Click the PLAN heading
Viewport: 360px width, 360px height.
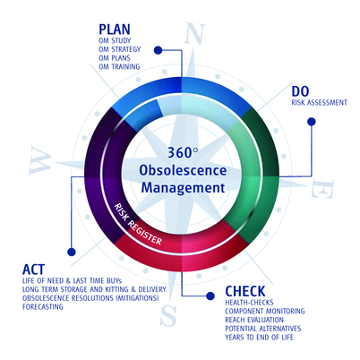pos(115,30)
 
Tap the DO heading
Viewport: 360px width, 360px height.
pos(300,91)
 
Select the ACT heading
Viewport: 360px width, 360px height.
pos(33,270)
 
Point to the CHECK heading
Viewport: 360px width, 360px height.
pos(245,291)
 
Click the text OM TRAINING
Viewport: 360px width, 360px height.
pos(119,66)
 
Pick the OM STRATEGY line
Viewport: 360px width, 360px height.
pos(119,49)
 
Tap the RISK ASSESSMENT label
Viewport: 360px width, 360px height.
pos(319,103)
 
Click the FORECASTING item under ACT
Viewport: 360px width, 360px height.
pos(43,306)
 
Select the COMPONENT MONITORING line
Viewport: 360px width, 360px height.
pos(265,311)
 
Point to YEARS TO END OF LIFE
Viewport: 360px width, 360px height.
pos(260,338)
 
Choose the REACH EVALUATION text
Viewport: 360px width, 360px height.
pos(254,320)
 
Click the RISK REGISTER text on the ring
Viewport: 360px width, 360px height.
pos(139,224)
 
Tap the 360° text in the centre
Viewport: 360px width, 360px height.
pos(183,152)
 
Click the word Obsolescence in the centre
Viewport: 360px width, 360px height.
pos(183,170)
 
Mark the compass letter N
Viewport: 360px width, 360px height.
pos(194,33)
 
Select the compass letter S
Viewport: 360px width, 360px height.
pos(168,315)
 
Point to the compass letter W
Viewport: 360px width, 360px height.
pos(40,161)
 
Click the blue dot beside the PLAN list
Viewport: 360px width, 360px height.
pos(158,50)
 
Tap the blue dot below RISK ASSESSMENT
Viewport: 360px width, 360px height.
pos(312,122)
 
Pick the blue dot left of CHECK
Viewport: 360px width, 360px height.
pos(210,296)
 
